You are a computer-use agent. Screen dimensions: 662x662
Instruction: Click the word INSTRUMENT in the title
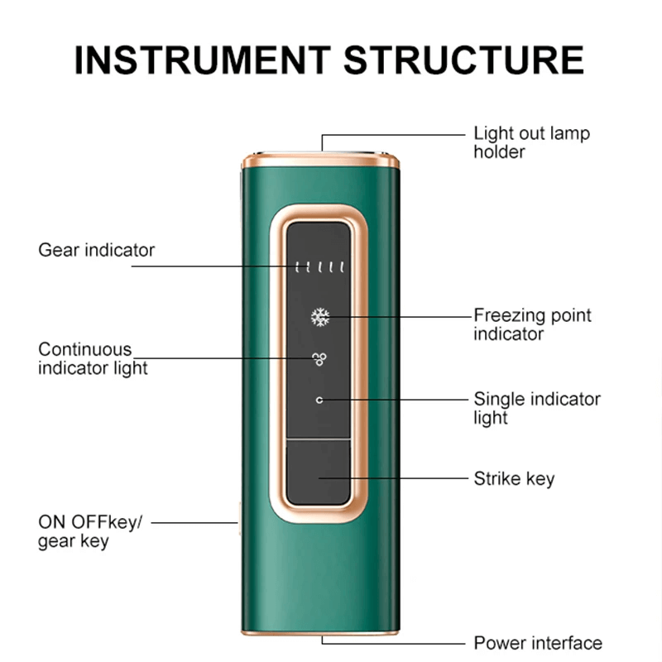(x=202, y=60)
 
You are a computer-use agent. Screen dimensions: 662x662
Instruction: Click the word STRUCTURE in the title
(x=463, y=60)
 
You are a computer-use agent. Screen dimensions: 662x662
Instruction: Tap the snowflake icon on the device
(x=320, y=317)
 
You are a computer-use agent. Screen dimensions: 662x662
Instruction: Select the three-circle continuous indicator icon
(x=319, y=359)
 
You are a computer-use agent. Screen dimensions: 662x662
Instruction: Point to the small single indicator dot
(x=319, y=400)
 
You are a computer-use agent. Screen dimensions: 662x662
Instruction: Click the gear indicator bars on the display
(x=319, y=266)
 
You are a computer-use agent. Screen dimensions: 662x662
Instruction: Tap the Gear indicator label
(x=96, y=251)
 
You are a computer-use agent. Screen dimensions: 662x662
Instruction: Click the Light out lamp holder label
(x=531, y=142)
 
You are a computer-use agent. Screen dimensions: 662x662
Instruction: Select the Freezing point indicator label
(x=532, y=324)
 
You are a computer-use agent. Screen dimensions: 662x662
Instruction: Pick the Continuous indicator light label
(x=93, y=359)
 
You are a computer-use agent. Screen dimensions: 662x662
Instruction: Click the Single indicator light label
(x=537, y=408)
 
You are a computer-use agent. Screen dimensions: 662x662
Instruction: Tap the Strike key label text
(x=514, y=479)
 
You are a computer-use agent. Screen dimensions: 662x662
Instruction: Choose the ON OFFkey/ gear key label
(x=90, y=531)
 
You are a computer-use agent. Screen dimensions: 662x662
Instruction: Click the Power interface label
(x=538, y=643)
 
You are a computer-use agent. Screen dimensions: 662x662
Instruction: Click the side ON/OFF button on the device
(x=239, y=519)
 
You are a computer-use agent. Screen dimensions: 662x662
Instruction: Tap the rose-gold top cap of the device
(x=320, y=161)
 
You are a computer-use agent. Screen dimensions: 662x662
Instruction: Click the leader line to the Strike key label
(x=394, y=478)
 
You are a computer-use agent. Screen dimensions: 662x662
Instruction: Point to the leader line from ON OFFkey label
(x=194, y=523)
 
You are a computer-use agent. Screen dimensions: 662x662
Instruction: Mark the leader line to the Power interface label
(x=392, y=644)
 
